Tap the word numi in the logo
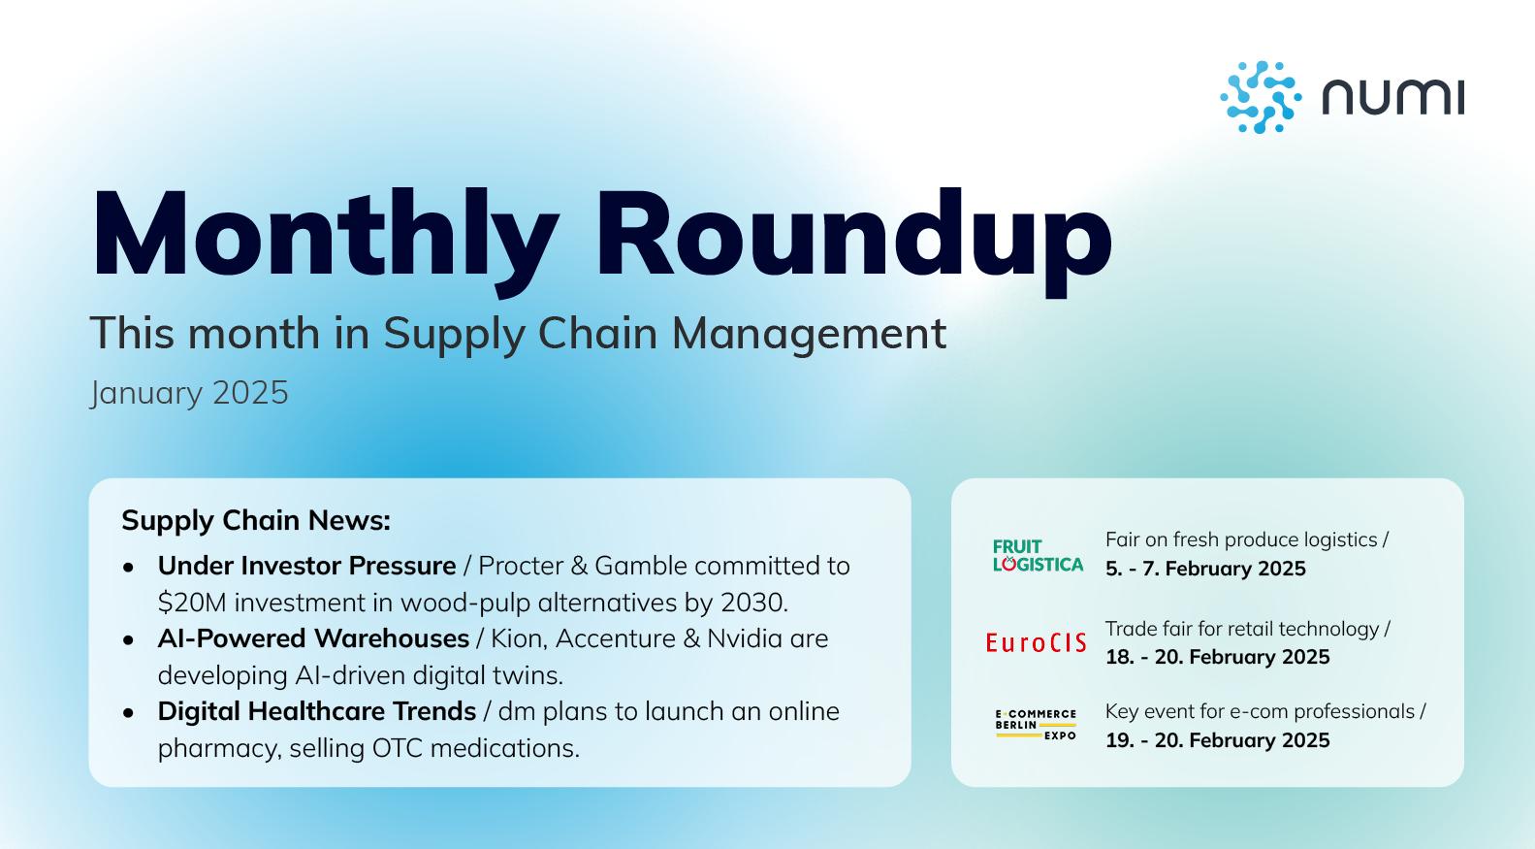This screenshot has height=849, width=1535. (1393, 97)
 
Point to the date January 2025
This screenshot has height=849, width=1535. (189, 393)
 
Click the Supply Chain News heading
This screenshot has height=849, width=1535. (256, 521)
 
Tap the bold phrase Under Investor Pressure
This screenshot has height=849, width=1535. (306, 566)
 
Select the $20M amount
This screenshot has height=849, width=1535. (192, 603)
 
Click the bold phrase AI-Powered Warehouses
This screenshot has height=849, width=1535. (313, 638)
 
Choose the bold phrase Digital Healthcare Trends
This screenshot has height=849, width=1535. (317, 711)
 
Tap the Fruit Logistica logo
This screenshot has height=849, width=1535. (1038, 555)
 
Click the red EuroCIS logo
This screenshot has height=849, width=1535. (1036, 642)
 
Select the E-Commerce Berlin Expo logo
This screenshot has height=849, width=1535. (1036, 725)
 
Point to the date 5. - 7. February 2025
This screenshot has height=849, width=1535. (1205, 569)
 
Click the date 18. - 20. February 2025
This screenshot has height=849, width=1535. (1217, 657)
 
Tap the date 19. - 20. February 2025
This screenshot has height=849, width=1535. (1217, 740)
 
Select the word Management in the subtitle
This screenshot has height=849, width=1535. (809, 333)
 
